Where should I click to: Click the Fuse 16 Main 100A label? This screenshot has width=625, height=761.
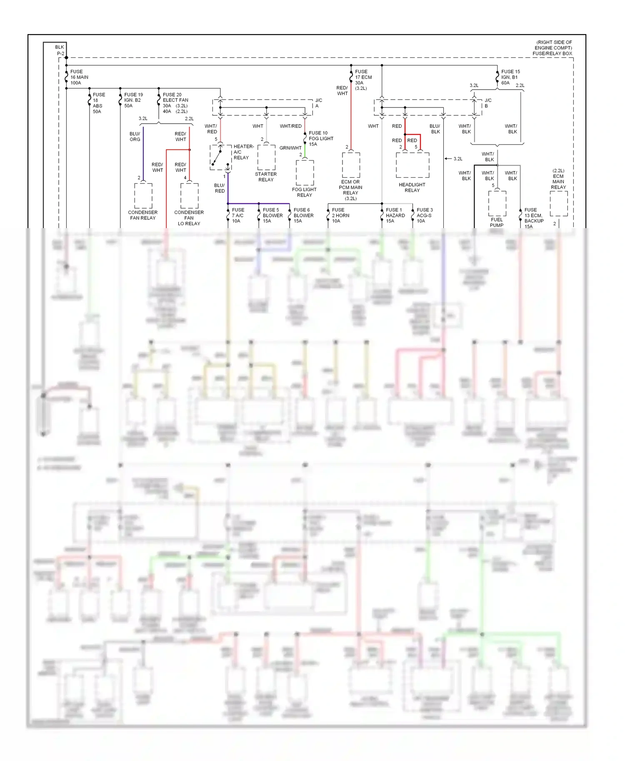point(79,77)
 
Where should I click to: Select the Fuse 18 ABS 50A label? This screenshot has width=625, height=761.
point(99,103)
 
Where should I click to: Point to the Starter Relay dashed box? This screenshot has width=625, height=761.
point(266,157)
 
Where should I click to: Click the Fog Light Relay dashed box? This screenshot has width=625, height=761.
point(305,173)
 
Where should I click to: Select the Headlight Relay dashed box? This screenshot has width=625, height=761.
point(412,165)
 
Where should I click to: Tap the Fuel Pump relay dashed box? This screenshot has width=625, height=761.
point(497,204)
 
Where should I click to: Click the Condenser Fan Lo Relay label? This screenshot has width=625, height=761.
point(189,218)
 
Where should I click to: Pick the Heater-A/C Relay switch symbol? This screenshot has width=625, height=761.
point(220,157)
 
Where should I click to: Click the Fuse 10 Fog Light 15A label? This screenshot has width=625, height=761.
point(321,139)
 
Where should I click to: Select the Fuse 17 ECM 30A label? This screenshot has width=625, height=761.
point(363,80)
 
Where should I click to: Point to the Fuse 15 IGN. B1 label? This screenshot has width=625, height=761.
point(510,77)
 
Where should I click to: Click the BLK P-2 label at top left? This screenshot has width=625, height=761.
point(60,50)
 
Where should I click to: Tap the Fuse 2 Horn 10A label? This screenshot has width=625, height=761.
point(340,215)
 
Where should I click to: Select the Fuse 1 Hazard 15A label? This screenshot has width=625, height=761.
point(395,215)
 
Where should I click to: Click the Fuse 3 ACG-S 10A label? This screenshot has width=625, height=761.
point(425,215)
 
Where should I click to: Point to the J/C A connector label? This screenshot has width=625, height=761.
point(318,103)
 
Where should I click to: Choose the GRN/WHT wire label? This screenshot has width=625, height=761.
point(290,148)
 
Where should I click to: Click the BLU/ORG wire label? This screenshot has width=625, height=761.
point(135,137)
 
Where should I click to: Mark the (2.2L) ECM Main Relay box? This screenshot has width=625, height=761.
point(558,204)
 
